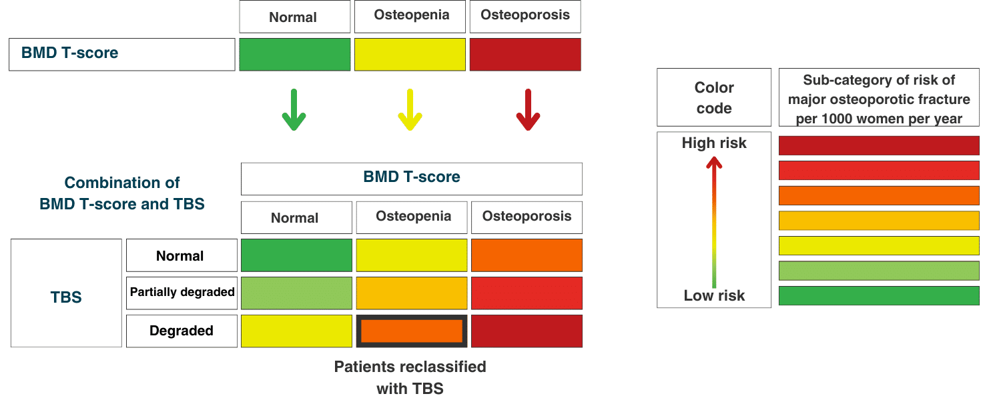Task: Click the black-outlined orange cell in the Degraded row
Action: click(411, 331)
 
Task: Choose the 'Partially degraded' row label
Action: click(182, 293)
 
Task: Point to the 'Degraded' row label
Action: click(182, 331)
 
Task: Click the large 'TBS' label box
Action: click(66, 293)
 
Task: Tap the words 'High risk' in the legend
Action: click(714, 143)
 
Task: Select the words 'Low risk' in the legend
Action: click(714, 296)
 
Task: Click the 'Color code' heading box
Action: click(714, 97)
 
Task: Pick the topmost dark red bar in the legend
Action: click(879, 145)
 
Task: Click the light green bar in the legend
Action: click(879, 271)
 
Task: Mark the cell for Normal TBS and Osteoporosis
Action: click(527, 255)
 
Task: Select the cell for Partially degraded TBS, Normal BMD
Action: click(296, 293)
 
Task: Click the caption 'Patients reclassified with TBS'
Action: click(410, 377)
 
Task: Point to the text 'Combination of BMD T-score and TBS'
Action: click(122, 193)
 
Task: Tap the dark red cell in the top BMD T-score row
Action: click(525, 55)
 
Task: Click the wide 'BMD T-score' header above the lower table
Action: click(412, 178)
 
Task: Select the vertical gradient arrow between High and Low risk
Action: click(714, 220)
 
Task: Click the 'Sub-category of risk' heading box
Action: click(879, 99)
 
